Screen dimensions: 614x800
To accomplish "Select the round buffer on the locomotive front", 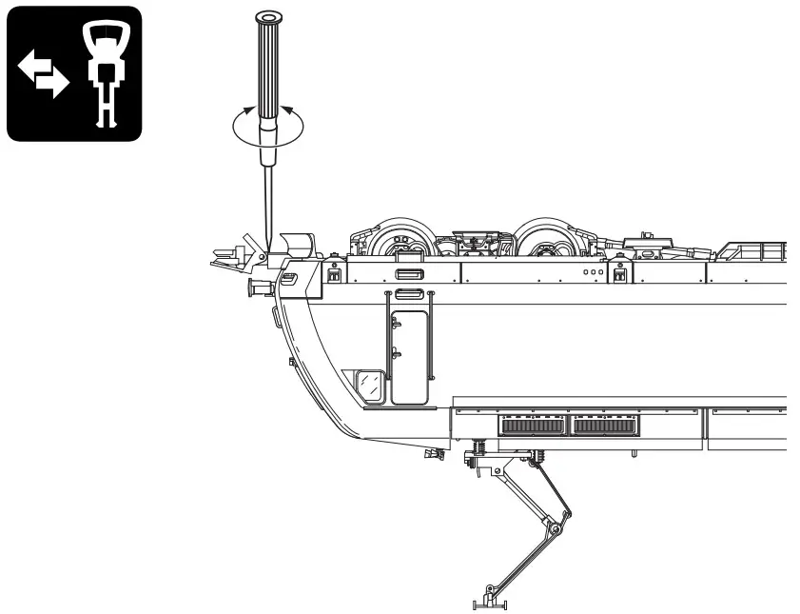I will [x=255, y=285].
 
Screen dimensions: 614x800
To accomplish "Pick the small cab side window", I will [x=368, y=385].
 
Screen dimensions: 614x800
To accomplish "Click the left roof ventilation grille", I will [x=533, y=426].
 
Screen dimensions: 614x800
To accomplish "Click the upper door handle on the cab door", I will [x=397, y=321].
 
